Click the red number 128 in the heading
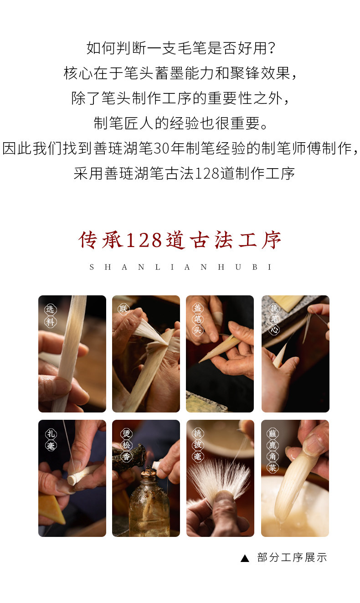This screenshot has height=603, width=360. coord(144,240)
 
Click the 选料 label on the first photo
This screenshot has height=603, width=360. coord(50,315)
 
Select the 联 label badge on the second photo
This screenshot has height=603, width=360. coord(123,309)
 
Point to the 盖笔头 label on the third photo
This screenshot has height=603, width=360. coord(198,319)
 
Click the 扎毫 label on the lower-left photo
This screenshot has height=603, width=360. coord(51,440)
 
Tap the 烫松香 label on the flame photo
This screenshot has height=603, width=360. coord(126,445)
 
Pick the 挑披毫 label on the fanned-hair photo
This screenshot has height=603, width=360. coord(198,445)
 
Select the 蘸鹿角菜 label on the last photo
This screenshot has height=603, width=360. coord(273,450)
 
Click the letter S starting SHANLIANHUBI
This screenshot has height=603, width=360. coord(92,267)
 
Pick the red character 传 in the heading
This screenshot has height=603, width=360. coord(87,240)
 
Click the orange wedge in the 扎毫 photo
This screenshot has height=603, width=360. coord(52,509)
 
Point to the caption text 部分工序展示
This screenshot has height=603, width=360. coord(292,557)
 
